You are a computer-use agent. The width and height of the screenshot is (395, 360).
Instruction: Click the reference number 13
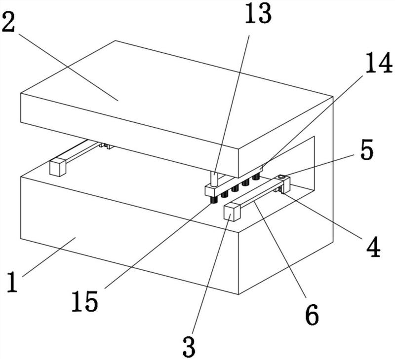tap(258, 13)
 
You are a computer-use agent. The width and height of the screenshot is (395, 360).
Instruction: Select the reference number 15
tap(84, 301)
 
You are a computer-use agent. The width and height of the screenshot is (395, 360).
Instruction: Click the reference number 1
tap(12, 282)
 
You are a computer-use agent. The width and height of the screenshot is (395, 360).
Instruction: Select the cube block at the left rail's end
tap(58, 167)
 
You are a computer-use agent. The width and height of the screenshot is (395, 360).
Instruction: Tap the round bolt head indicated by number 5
tap(281, 178)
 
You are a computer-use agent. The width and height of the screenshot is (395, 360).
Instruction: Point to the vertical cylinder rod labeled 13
tap(214, 179)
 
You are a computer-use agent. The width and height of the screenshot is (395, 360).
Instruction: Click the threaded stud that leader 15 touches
tap(214, 200)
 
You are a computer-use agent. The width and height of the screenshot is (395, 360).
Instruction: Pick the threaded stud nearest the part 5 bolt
tap(256, 177)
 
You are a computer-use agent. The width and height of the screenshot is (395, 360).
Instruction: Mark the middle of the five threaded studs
tap(235, 188)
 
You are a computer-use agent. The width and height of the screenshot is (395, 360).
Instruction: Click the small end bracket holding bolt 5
tap(284, 183)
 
